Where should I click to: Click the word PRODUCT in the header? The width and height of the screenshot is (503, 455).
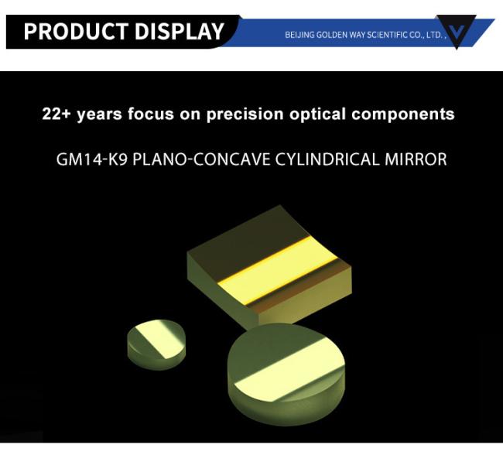click(x=76, y=32)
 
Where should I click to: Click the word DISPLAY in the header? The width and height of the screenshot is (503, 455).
click(x=180, y=32)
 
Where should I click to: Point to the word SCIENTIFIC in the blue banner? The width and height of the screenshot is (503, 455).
click(x=387, y=35)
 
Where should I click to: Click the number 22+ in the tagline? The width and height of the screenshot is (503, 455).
click(x=56, y=114)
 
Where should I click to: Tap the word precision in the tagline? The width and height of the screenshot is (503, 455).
click(x=245, y=115)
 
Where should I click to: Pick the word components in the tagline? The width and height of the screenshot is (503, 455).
click(x=403, y=115)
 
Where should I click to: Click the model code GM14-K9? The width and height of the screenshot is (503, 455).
click(x=92, y=159)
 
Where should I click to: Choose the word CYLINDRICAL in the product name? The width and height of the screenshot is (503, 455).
click(x=327, y=159)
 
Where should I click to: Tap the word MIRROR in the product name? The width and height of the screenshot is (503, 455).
click(x=416, y=159)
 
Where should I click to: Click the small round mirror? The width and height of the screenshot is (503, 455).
click(x=156, y=344)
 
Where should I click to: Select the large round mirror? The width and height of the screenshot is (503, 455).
click(x=286, y=375)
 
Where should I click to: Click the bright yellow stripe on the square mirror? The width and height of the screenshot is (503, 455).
click(x=278, y=271)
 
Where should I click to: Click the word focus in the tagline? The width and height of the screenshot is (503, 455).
click(x=151, y=114)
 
